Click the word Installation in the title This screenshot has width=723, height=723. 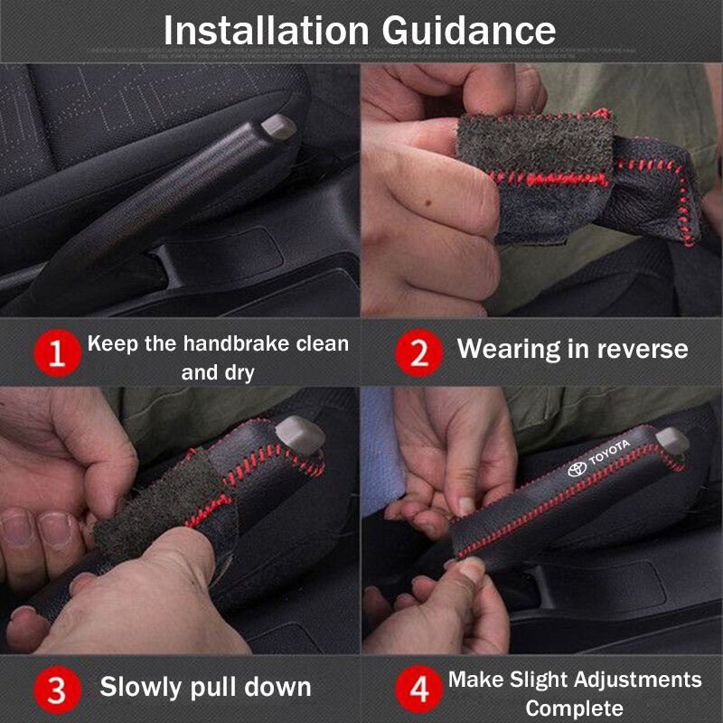coord(267,31)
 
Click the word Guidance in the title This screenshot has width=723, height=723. coord(468,31)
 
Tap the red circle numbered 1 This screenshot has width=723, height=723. coord(58,352)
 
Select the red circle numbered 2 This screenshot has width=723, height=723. coord(418,352)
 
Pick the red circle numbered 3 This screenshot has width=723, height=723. coord(58,690)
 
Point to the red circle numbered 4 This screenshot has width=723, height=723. coord(418,689)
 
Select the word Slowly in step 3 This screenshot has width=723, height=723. coord(142,688)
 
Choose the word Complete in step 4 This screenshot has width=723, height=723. coord(574,708)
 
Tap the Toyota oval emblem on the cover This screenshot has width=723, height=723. coord(577,469)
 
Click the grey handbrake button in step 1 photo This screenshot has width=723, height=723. coord(278,127)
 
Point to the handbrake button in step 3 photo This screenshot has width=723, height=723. coord(300,436)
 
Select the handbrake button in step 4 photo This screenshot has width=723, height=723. coord(672,440)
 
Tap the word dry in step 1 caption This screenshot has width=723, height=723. coord(239,372)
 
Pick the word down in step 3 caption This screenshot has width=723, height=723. coord(277,687)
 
